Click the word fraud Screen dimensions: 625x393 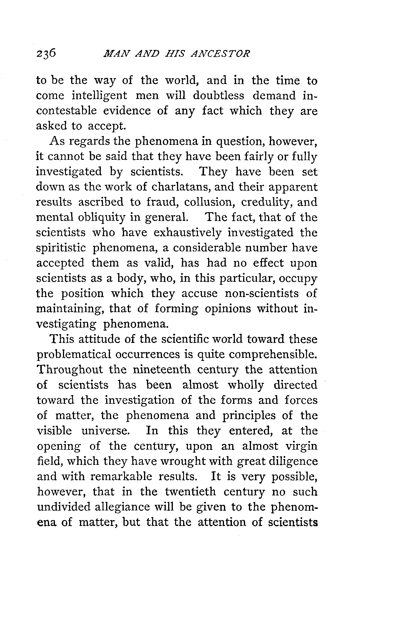point(159,202)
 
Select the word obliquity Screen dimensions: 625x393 point(94,218)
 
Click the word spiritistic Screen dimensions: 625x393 point(61,248)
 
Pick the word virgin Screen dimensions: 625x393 point(301,446)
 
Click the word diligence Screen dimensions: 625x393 point(294,461)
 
